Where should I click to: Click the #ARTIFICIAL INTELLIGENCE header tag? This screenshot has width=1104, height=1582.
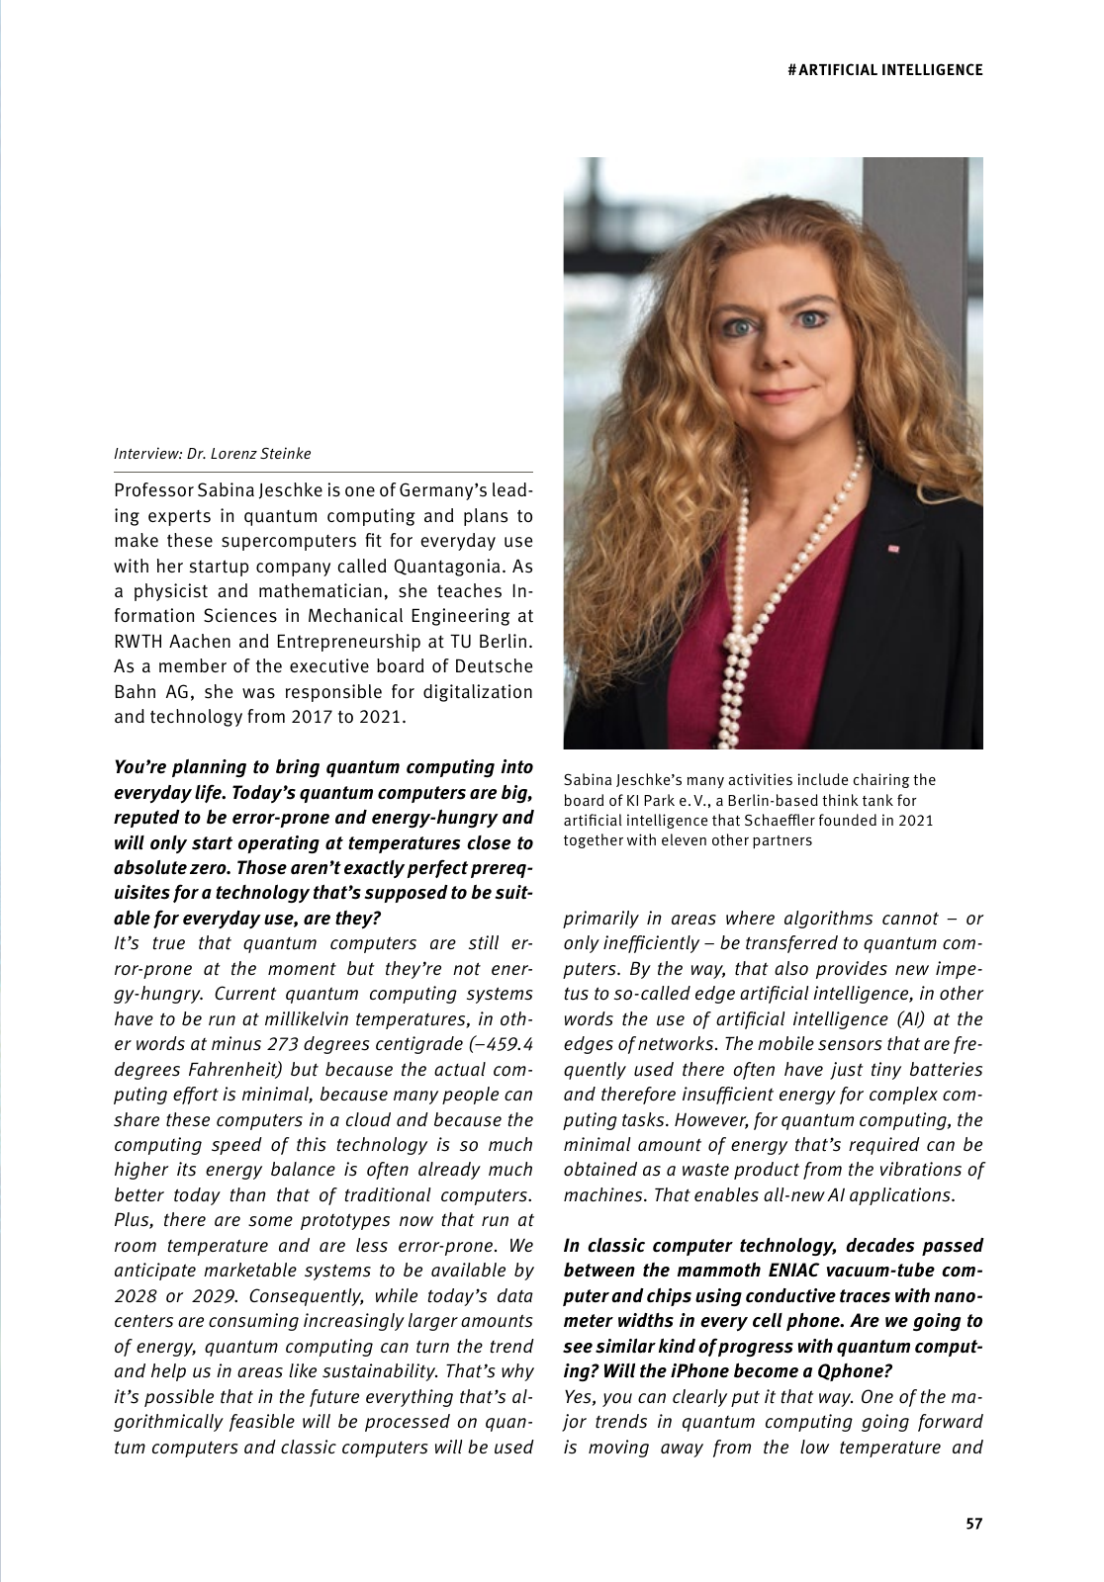click(885, 69)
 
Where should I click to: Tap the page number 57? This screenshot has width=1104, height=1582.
click(973, 1524)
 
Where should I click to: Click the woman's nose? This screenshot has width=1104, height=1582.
click(775, 351)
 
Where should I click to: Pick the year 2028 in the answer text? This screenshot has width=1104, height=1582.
click(139, 1295)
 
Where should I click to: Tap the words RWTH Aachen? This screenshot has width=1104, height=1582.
click(166, 641)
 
